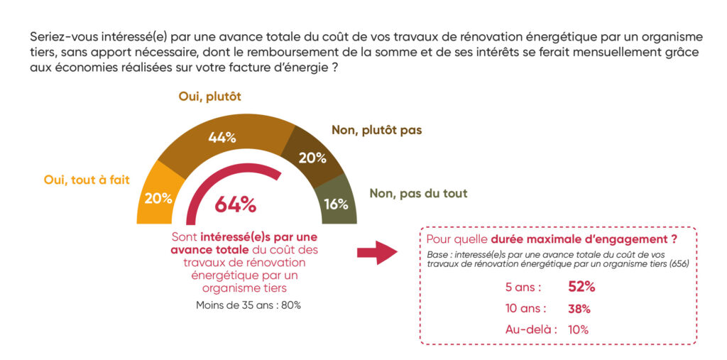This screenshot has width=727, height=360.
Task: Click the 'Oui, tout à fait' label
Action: pos(87,180)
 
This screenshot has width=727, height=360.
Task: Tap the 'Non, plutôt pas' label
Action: pos(376,131)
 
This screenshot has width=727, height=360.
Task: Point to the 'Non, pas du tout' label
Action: pos(418,193)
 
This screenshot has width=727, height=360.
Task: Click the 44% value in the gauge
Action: pos(222,138)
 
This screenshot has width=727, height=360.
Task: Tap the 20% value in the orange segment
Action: pos(158,199)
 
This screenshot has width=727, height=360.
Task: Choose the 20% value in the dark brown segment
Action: pos(312,157)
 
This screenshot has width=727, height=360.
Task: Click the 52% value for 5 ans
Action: pos(581,287)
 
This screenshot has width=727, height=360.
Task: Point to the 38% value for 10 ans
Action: pos(579,309)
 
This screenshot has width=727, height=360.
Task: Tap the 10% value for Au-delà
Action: pos(579,329)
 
